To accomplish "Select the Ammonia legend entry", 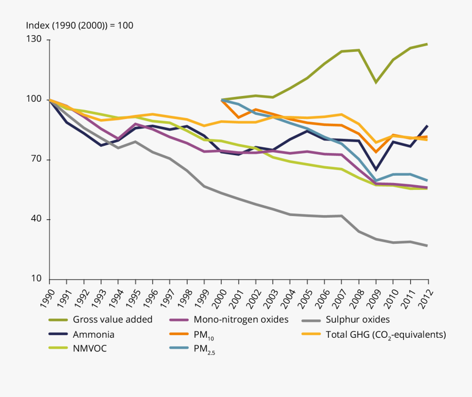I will tap(94, 334).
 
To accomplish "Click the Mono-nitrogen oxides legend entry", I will tap(233, 319).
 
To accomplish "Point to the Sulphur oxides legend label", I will tap(358, 319).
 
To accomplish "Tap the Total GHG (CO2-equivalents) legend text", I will tap(385, 335).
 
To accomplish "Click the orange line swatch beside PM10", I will tap(179, 334).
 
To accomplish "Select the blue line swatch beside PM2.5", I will tap(179, 348).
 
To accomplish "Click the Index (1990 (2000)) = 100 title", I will tap(80, 25).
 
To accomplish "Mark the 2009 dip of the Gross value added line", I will tap(376, 82).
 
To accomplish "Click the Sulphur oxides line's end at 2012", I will tap(427, 245).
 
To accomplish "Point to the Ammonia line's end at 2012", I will tap(427, 126).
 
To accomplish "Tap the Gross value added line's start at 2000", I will tap(222, 99).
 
